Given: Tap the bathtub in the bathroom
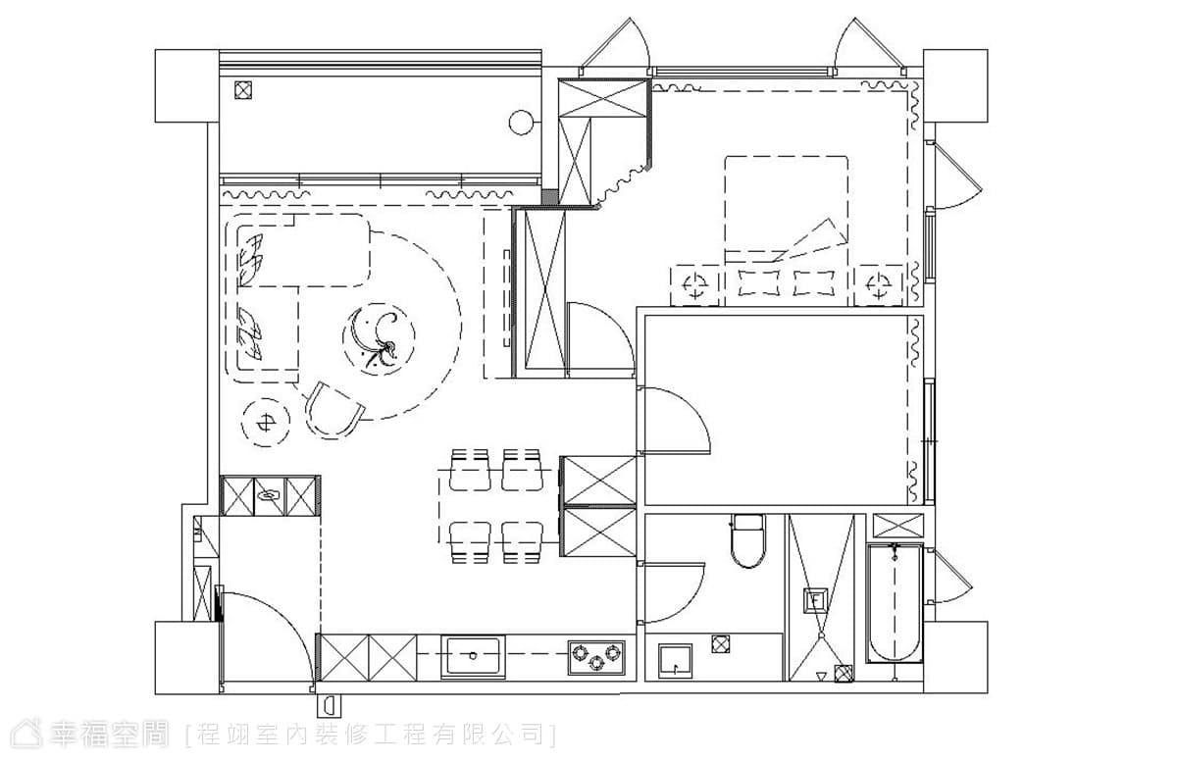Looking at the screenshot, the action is pos(895,603).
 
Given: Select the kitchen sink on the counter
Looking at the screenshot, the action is pos(473,656).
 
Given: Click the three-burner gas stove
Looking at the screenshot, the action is pos(596,657).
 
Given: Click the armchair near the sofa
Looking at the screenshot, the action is pos(333,411).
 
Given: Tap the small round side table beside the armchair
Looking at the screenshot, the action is pos(266,423).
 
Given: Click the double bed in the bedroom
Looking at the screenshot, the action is pos(786,230).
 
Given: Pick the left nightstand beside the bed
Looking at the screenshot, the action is pos(695,285).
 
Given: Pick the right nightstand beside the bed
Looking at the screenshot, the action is pos(879,285).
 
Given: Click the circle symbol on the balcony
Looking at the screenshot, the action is pos(522,123).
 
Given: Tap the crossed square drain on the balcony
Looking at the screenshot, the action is pos(243,90).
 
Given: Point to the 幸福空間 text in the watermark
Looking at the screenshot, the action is pos(109,734).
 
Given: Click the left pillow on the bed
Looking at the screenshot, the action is pos(759,282).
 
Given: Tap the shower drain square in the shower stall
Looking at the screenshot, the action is pos(815,600).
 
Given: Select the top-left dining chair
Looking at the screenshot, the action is pos(470,470).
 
